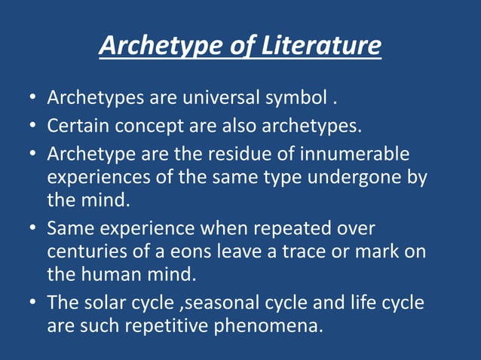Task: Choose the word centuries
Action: click(84, 252)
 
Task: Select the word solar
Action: click(103, 303)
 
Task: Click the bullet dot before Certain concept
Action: click(33, 126)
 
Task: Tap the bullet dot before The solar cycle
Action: click(33, 303)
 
